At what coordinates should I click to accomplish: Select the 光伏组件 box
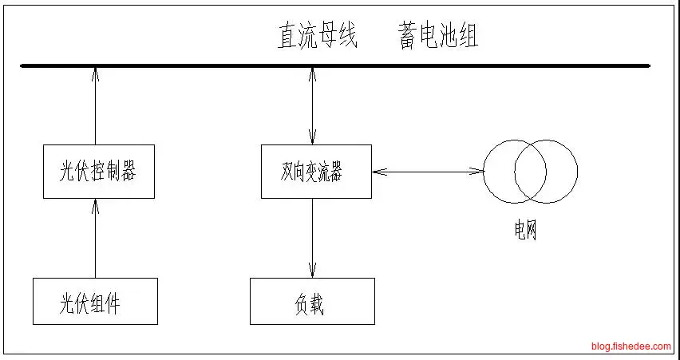coord(95,301)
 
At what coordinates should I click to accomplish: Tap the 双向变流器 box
coord(316,171)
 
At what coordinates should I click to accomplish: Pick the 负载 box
coord(312,301)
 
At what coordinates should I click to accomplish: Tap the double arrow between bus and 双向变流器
coord(312,106)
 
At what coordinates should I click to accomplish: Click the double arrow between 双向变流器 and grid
coord(427,170)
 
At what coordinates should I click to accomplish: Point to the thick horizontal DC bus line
coord(335,66)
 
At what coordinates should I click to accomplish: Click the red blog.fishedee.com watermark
coord(631,346)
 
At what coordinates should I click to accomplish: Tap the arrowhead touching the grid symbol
coord(479,170)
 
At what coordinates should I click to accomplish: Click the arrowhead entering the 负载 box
coord(312,272)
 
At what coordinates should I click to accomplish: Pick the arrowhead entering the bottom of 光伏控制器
coord(95,204)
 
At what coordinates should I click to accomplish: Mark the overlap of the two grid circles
coord(530,171)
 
